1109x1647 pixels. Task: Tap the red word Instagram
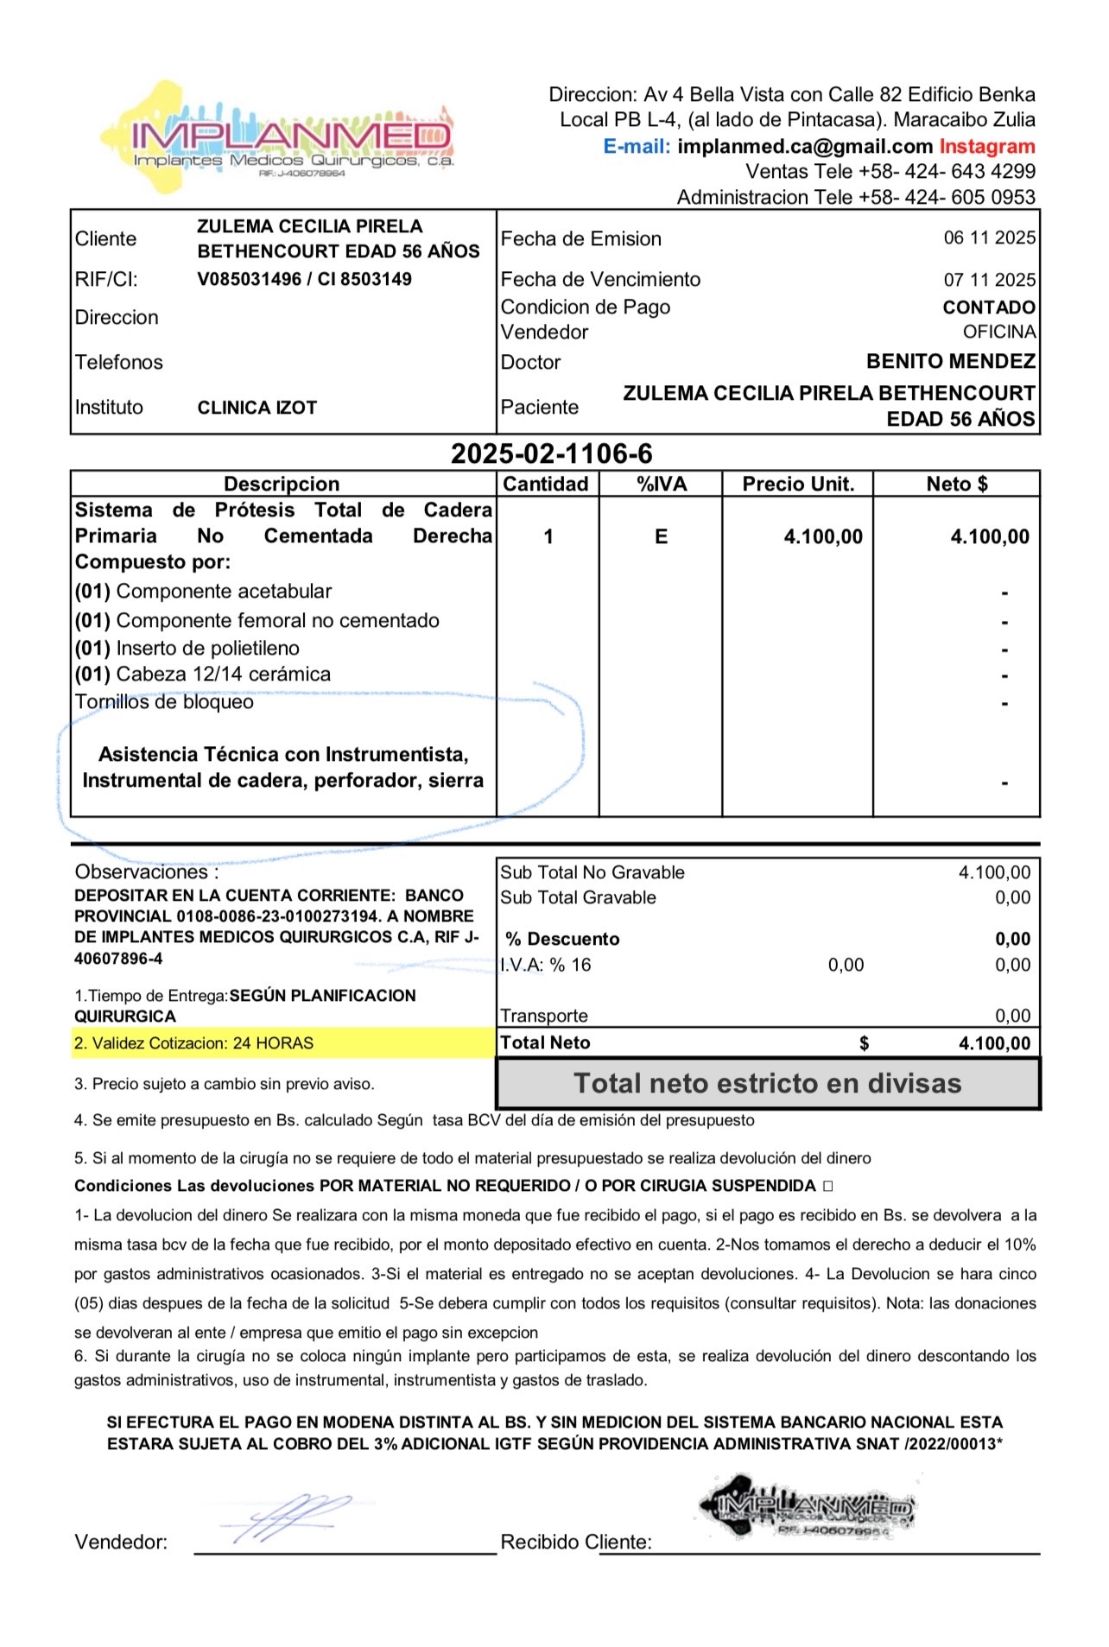(987, 146)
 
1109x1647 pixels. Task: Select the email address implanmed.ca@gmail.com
(804, 146)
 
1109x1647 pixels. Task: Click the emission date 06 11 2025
(989, 238)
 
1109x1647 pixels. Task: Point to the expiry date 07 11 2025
(989, 280)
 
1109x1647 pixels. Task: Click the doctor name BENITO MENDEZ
(950, 361)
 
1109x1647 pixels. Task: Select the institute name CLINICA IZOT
(257, 408)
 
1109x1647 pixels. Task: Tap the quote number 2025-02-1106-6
(552, 453)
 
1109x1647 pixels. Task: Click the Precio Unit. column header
(798, 484)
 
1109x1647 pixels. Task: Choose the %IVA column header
(662, 484)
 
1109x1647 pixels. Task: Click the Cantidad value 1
(548, 536)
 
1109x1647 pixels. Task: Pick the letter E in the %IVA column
(662, 536)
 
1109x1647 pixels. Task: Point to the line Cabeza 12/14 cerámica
(203, 674)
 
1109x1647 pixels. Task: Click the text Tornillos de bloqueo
(164, 701)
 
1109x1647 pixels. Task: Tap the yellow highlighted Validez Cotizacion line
(194, 1043)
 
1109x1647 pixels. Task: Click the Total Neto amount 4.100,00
(994, 1043)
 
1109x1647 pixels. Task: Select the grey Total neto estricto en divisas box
(768, 1083)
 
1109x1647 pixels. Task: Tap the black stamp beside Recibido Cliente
(808, 1506)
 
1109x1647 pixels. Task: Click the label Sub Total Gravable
(579, 897)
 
